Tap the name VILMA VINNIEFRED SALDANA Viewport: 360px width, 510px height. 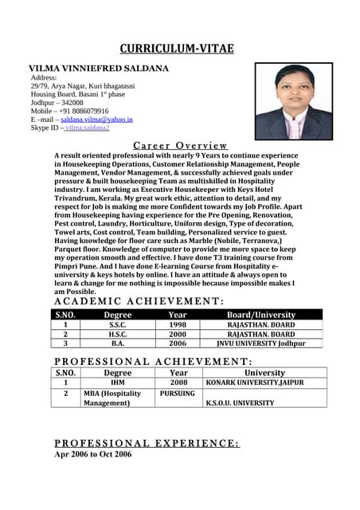coord(99,69)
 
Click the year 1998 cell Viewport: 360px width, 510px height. coord(178,325)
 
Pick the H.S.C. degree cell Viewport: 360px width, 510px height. coord(118,335)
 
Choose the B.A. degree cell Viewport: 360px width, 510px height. coord(118,343)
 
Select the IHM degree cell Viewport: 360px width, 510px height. coord(118,382)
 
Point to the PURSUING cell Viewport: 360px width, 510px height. coord(178,393)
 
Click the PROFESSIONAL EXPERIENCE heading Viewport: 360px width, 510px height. coord(146,443)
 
